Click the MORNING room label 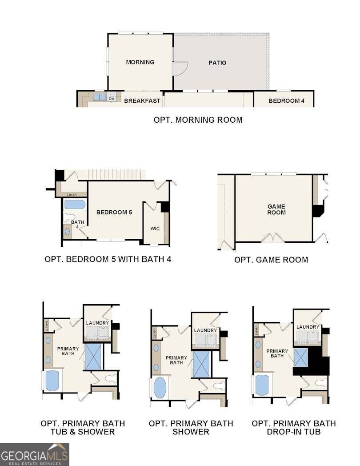point(140,62)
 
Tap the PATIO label point(217,63)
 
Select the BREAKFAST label point(142,101)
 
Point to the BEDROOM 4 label point(286,101)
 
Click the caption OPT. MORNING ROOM point(198,120)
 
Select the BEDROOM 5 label point(114,213)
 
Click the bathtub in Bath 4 point(75,205)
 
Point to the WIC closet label point(155,229)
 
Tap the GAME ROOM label point(276,209)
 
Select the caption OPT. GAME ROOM point(271,260)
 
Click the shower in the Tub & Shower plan point(93,356)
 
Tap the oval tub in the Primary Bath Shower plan point(160,388)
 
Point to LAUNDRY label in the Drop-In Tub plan point(308,327)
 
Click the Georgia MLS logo point(34,454)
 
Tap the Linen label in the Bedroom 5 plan point(72,195)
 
